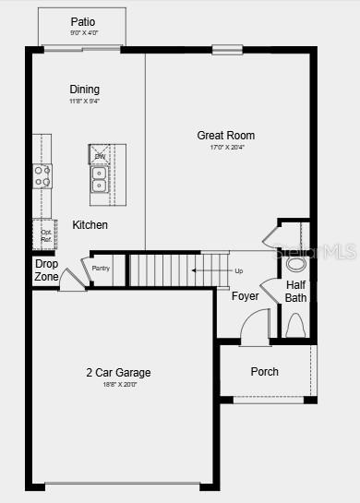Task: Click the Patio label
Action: (x=83, y=21)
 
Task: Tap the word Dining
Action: (x=84, y=90)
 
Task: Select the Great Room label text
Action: (x=225, y=136)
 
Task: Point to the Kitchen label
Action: (x=90, y=225)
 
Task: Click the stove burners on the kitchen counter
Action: (x=42, y=175)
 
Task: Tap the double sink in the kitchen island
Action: (x=99, y=178)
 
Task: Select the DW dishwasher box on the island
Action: (x=100, y=156)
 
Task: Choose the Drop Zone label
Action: (x=46, y=270)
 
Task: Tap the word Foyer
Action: (x=245, y=296)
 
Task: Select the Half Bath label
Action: (x=295, y=291)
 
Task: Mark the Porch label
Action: (x=264, y=372)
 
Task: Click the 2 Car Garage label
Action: (x=118, y=373)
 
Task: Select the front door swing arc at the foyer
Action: (x=255, y=325)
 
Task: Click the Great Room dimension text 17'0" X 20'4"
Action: (x=225, y=148)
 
